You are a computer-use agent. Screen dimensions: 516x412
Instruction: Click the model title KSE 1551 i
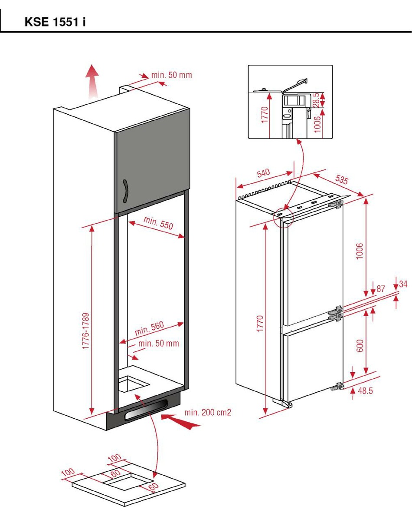tap(55, 22)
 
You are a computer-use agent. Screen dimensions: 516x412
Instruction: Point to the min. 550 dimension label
tap(158, 223)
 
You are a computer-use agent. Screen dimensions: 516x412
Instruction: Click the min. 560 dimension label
tap(149, 328)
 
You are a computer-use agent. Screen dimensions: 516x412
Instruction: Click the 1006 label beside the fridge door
tap(359, 251)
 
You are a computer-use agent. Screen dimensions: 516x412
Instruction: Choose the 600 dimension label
tap(359, 345)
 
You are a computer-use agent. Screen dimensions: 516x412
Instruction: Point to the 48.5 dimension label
tap(365, 391)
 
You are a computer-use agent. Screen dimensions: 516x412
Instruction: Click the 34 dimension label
tap(403, 284)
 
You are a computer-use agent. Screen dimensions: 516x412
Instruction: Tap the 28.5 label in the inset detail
tap(317, 100)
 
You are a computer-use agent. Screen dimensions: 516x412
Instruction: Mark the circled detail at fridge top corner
tap(284, 215)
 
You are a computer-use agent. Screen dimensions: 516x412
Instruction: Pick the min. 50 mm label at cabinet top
tap(171, 75)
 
